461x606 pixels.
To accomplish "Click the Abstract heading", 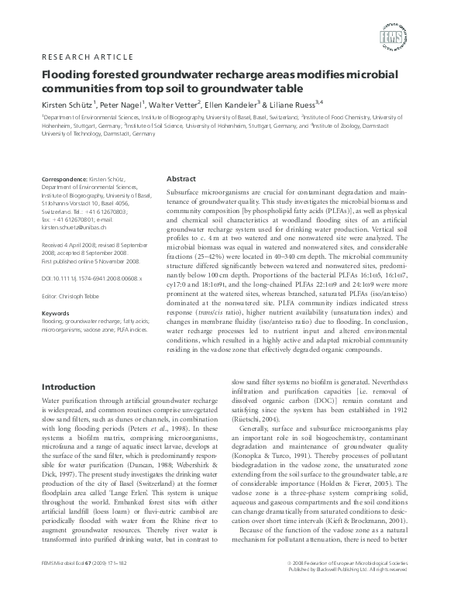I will [181, 177].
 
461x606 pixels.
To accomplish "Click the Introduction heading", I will [68, 387].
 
